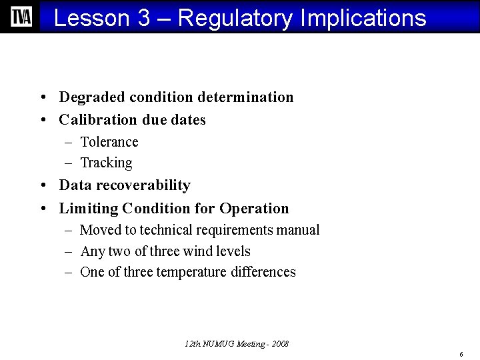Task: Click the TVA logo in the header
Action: (x=21, y=17)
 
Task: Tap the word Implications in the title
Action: (x=363, y=18)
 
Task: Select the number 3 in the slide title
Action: (x=144, y=18)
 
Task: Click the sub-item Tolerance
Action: (x=109, y=142)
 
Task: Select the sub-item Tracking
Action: (x=106, y=163)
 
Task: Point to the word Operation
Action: (x=254, y=209)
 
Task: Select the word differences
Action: (x=263, y=272)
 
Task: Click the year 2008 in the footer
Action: (x=280, y=344)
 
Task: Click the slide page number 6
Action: (x=461, y=353)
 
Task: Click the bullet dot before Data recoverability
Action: (x=42, y=186)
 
